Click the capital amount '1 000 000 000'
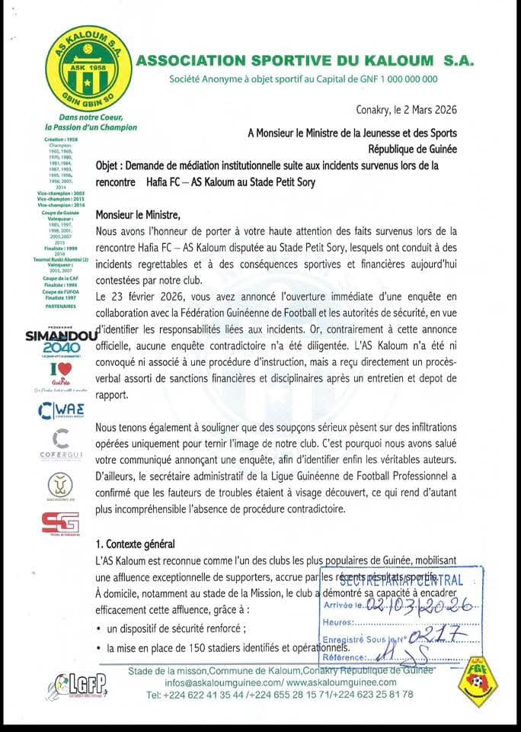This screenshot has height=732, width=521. click(x=400, y=79)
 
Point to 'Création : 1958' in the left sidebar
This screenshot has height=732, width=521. click(x=60, y=141)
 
